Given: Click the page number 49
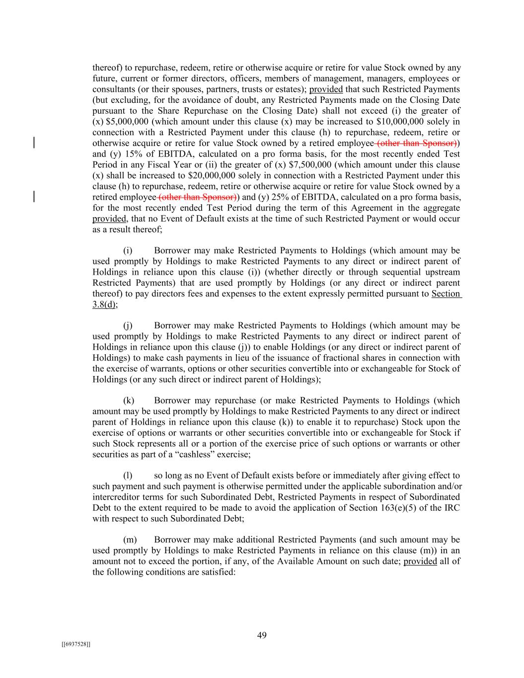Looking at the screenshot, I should tap(262, 635).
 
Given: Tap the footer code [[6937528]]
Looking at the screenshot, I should tap(76, 644).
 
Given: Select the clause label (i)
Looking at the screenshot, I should tap(128, 251).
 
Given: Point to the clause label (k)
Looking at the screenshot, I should tap(128, 400).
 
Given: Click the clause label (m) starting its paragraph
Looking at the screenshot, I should tap(129, 539).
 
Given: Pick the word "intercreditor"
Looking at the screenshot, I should tap(116, 497).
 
